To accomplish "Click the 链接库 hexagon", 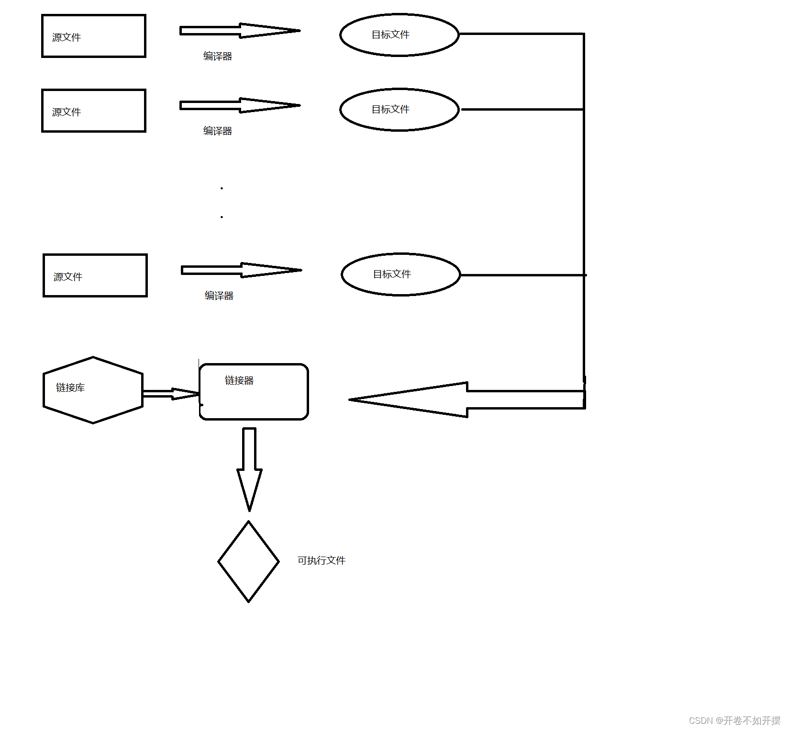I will pos(93,390).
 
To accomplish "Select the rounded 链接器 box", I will pos(254,392).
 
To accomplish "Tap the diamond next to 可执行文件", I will pos(248,561).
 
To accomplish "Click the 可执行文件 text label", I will pos(321,560).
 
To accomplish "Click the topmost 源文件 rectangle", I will pos(94,36).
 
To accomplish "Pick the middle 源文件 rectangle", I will pos(94,111).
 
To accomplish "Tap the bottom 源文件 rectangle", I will pos(95,275).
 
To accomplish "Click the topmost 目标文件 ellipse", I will pos(399,35).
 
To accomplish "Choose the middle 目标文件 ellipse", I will pos(399,110).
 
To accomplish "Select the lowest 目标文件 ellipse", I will pos(400,274).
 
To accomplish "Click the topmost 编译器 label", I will pos(217,57).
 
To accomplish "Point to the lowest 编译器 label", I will pos(219,296).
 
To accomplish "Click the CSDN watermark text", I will pos(734,720).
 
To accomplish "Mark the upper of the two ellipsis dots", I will pos(222,188).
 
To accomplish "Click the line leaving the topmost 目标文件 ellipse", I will pos(522,34).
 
